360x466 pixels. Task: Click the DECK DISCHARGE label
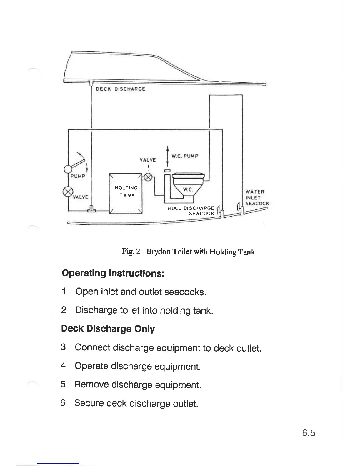point(121,89)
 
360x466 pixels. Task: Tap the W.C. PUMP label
point(185,156)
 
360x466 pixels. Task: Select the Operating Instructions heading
point(113,273)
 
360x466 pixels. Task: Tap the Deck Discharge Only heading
point(108,329)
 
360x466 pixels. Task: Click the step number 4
point(63,366)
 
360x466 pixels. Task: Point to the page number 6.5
point(308,433)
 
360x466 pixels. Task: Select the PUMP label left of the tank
point(77,176)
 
